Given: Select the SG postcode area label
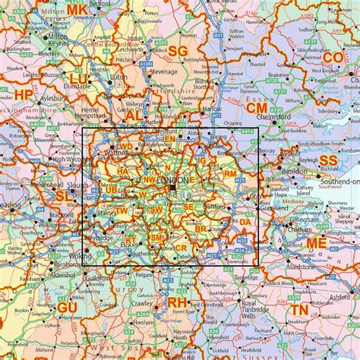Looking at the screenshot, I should point(177,51).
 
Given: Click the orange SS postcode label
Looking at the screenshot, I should point(328,160).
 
